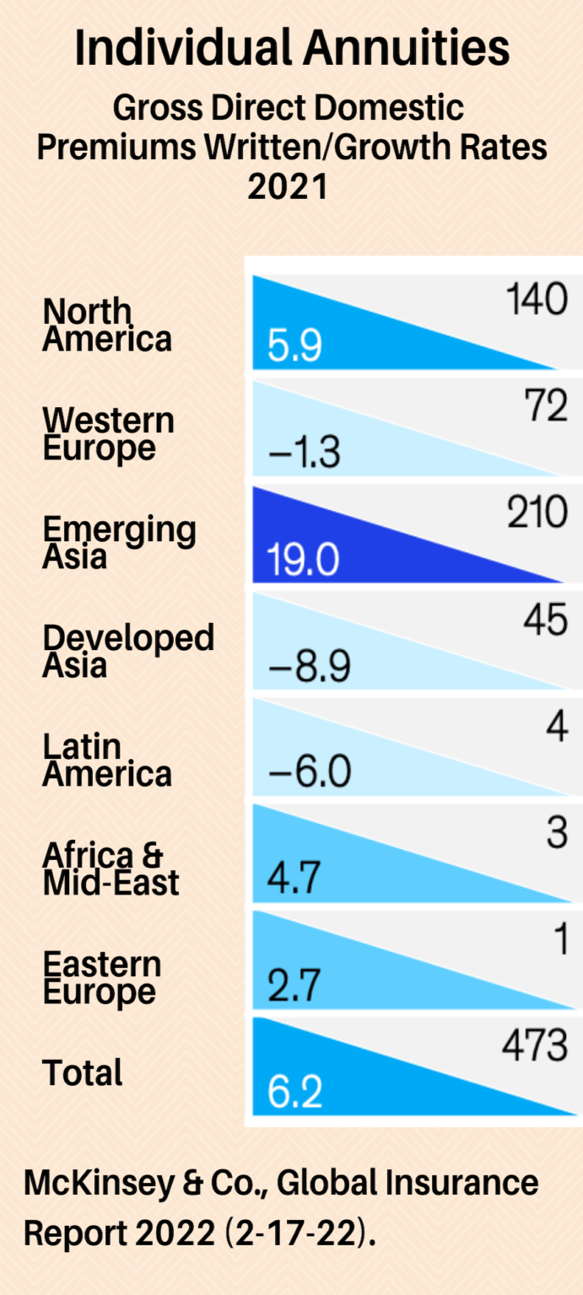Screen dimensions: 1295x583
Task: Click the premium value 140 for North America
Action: [x=537, y=299]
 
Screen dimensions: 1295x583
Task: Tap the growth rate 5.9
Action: [x=294, y=347]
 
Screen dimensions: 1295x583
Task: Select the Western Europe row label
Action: [x=108, y=434]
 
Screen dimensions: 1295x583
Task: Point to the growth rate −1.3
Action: [x=304, y=454]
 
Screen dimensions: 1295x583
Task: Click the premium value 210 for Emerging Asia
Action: [x=537, y=513]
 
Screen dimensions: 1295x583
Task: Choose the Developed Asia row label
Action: [x=128, y=651]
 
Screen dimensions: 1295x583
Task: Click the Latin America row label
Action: [x=107, y=760]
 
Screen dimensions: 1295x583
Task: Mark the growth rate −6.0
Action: [x=308, y=771]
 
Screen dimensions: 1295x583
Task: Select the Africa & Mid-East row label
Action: [x=111, y=869]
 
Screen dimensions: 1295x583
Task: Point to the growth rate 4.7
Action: [x=294, y=879]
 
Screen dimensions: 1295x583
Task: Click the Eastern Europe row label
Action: [x=101, y=978]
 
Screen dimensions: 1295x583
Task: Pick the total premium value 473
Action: [x=534, y=1046]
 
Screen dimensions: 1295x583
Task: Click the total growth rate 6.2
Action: [x=294, y=1092]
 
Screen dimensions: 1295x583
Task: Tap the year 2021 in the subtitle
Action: [x=288, y=185]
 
